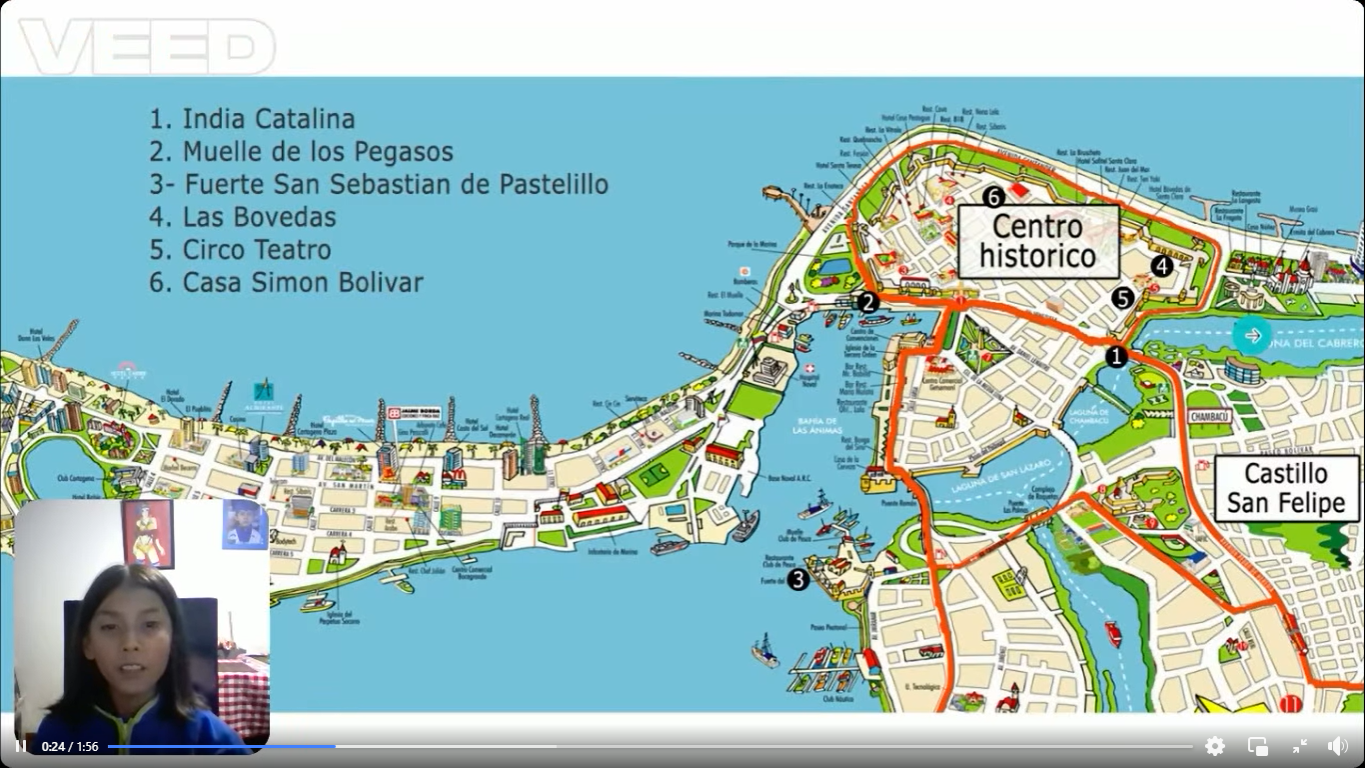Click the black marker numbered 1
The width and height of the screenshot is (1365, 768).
tap(1116, 356)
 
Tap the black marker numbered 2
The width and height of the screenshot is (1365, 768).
tap(867, 302)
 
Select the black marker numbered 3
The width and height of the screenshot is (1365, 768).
tap(797, 579)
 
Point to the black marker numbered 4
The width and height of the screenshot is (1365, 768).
tap(1161, 266)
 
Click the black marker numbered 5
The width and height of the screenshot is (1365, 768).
tap(1123, 298)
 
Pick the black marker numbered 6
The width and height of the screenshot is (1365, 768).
tap(992, 196)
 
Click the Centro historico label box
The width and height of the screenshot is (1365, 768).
tap(1038, 242)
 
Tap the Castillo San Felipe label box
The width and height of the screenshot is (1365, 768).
tap(1286, 488)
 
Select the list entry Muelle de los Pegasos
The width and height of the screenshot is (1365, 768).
tap(301, 152)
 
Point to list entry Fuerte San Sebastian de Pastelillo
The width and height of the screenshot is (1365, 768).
tap(379, 185)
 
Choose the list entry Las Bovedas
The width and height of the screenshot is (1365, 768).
tap(243, 217)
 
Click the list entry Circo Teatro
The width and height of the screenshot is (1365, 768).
tap(240, 250)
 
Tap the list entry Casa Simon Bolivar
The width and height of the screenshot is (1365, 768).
tap(286, 283)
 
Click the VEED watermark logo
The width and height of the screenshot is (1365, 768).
tap(147, 46)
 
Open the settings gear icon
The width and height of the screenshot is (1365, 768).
tap(1215, 746)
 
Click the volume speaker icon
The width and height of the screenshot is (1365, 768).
tap(1337, 746)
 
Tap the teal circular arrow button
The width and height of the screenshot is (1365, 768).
tap(1252, 335)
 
